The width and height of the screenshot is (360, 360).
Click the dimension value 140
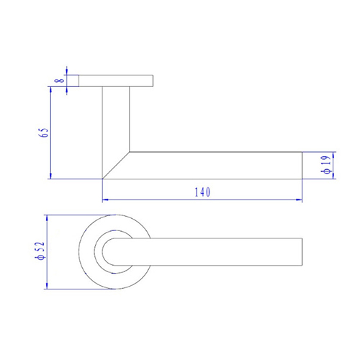coord(202,192)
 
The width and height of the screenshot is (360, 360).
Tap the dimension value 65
coord(45,132)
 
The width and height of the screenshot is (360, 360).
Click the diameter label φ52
coord(40,251)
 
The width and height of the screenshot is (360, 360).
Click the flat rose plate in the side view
coord(115,80)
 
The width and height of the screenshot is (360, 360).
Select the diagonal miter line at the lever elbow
coord(116,165)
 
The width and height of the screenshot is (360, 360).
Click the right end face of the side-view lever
coord(300,165)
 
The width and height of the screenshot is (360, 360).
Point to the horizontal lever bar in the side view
coord(216,165)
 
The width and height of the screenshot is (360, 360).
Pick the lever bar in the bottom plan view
coord(216,251)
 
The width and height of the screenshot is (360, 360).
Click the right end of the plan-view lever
coord(300,251)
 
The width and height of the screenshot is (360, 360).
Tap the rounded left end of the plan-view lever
coord(105,251)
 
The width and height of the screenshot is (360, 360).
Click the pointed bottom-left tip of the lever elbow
coord(103,178)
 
